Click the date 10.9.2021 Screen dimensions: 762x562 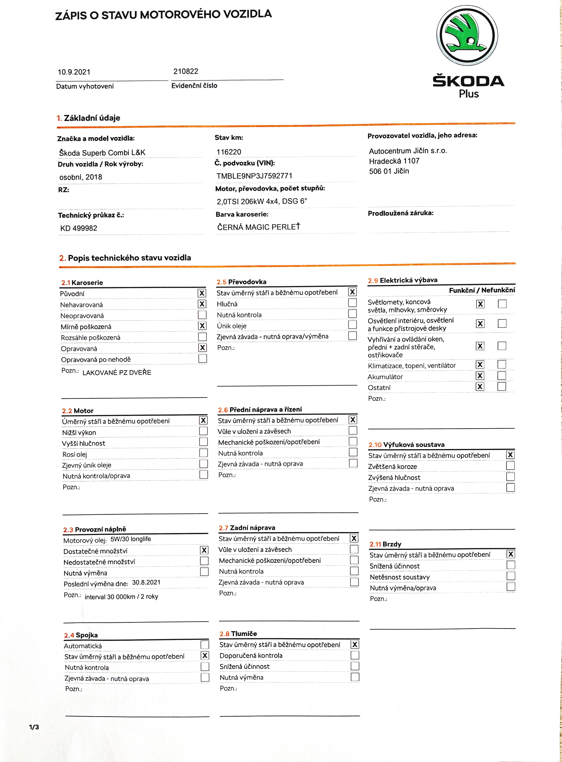pyautogui.click(x=74, y=72)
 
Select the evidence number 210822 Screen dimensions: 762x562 pyautogui.click(x=186, y=71)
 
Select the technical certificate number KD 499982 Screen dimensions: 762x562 pyautogui.click(x=79, y=228)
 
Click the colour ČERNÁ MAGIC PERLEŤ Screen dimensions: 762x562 pyautogui.click(x=258, y=227)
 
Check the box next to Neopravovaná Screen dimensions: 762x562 pyautogui.click(x=202, y=315)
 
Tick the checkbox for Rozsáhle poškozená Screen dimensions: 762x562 pyautogui.click(x=202, y=337)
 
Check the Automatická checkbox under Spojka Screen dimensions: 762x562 pyautogui.click(x=205, y=644)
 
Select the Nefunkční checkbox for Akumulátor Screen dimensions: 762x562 pyautogui.click(x=501, y=375)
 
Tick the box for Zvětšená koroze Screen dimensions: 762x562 pyautogui.click(x=510, y=466)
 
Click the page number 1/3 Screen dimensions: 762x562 pyautogui.click(x=34, y=727)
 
